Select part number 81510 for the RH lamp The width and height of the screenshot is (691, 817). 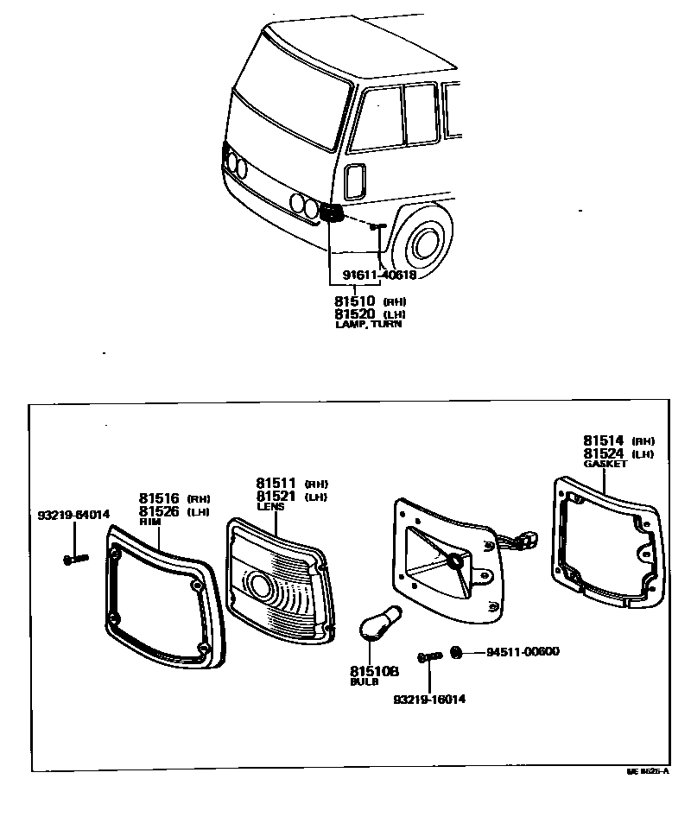[x=355, y=301]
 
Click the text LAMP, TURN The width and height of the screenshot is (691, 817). [x=368, y=325]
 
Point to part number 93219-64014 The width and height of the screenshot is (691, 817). [x=73, y=515]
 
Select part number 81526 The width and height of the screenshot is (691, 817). [x=159, y=511]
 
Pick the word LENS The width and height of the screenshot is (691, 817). [x=269, y=507]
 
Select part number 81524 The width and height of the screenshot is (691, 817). [x=604, y=453]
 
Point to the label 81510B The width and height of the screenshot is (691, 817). [x=374, y=671]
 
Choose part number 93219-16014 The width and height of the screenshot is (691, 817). [x=429, y=699]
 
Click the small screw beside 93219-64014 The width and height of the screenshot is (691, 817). [x=73, y=560]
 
